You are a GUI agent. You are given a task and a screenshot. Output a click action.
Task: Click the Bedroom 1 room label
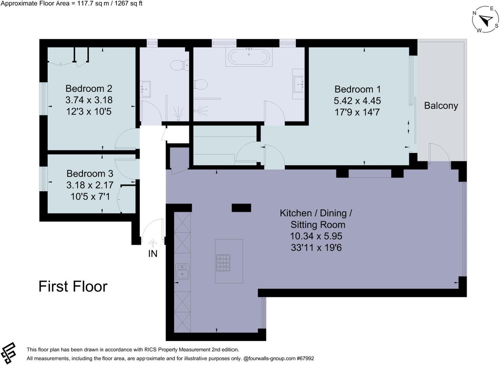pos(357,89)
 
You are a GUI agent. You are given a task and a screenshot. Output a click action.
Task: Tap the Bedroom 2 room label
pos(89,89)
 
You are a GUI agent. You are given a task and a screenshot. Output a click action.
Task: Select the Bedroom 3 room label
pos(90,174)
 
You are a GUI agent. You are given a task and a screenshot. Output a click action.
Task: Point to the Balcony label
pos(441,106)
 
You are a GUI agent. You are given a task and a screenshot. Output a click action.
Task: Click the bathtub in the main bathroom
pos(249,57)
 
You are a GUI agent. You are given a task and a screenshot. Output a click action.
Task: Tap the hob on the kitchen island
pos(223,263)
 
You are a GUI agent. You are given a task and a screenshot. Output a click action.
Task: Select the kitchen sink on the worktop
pos(182,271)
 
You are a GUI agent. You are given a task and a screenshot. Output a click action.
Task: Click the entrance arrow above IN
pos(153,243)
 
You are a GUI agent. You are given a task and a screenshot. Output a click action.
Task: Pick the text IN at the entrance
pos(153,253)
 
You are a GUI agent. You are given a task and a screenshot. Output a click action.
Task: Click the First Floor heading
pos(73,287)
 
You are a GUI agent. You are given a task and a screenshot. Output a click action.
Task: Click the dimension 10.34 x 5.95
pos(316,236)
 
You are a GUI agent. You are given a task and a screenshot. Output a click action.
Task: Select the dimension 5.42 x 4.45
pos(357,101)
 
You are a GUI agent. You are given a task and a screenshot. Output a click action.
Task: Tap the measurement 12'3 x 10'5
pos(89,112)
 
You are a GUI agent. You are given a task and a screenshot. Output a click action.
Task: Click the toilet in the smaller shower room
pos(179,65)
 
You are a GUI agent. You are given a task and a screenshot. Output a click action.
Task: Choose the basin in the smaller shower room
pos(146,89)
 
